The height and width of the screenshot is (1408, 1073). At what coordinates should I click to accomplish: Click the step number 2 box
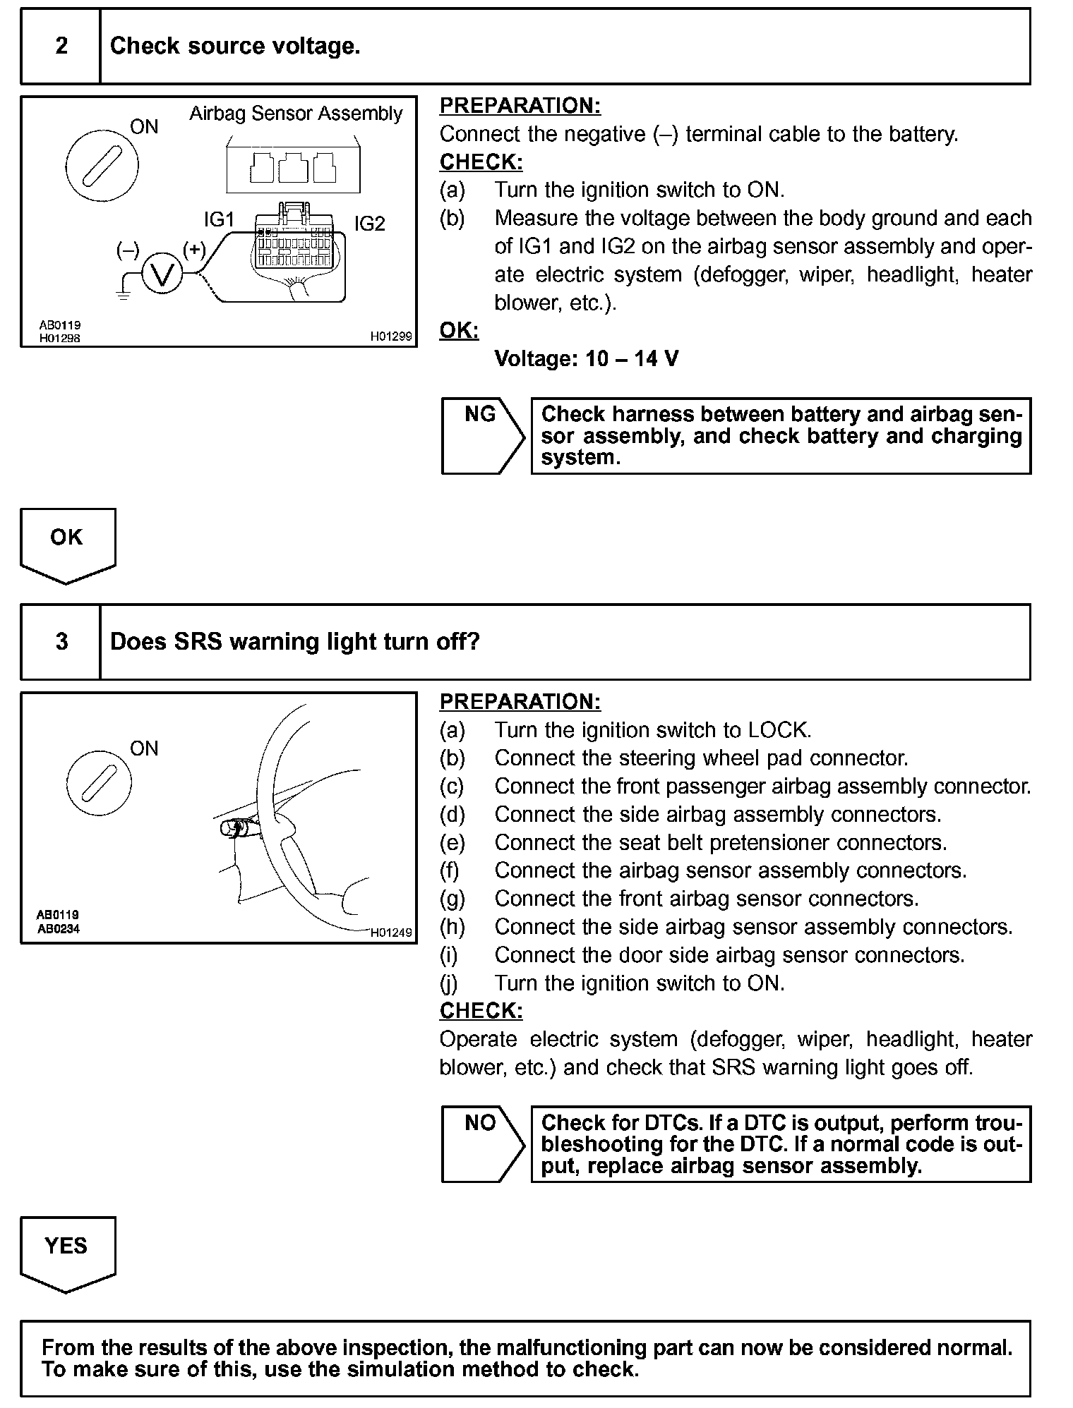61,47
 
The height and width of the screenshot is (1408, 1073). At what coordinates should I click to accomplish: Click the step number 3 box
61,642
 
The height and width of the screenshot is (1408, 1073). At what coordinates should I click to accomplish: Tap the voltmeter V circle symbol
162,274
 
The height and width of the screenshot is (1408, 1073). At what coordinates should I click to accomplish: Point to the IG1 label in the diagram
219,220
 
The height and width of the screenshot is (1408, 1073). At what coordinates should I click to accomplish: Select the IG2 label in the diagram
369,224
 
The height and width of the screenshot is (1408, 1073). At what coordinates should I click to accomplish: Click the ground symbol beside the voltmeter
124,291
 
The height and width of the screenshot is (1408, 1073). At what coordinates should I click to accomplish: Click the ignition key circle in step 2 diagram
102,166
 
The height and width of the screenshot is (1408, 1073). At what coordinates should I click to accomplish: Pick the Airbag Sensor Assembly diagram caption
295,114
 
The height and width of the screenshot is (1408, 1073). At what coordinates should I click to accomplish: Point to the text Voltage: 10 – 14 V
586,359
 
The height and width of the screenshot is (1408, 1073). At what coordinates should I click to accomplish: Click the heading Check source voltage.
235,47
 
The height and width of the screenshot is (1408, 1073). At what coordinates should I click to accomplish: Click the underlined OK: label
459,330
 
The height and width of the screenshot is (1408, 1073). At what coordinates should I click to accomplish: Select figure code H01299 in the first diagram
390,337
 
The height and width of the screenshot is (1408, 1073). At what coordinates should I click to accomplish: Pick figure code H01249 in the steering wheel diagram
390,933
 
